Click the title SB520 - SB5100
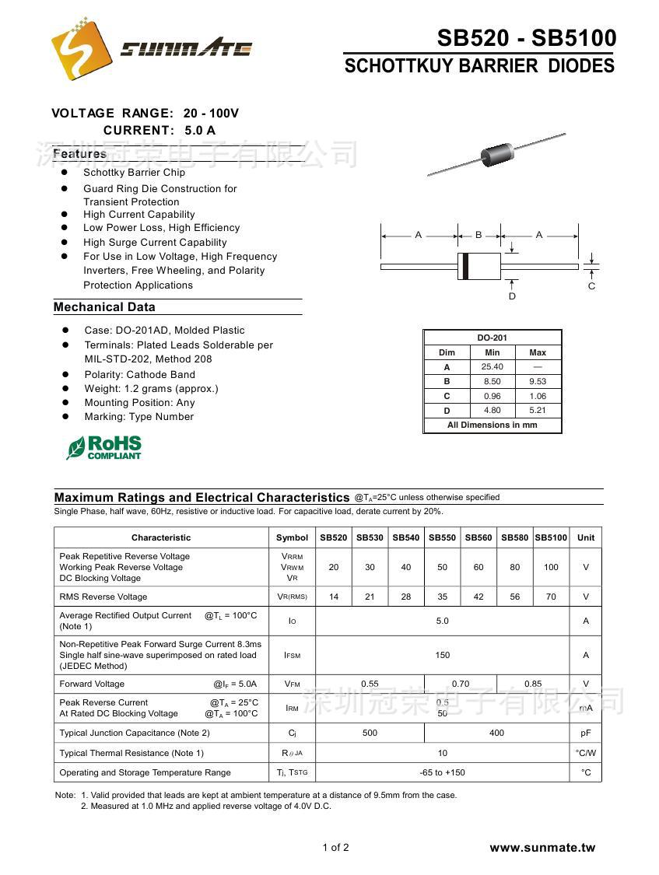pos(526,38)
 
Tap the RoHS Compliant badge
pos(104,447)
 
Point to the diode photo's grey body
pos(496,154)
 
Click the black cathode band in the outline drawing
pos(465,266)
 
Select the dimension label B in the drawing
pos(478,234)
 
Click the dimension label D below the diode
pos(512,296)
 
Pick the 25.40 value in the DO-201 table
pos(492,367)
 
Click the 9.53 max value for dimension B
pos(538,382)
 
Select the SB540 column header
pos(405,537)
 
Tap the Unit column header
pos(586,537)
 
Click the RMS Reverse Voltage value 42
pos(478,597)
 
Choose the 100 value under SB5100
pos(551,567)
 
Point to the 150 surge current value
pos(442,655)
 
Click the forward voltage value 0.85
pos(533,684)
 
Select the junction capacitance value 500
pos(370,733)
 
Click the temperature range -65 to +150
pos(442,772)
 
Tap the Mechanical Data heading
pos(104,307)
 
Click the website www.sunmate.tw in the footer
pos(542,848)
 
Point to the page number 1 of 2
pos(335,848)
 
